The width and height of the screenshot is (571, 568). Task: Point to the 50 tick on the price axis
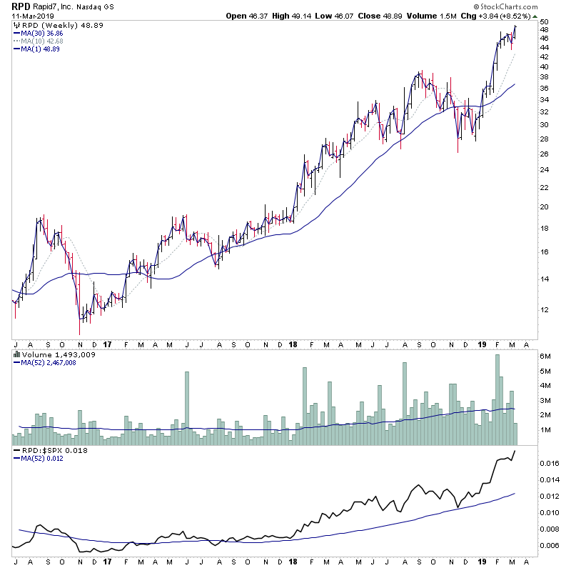click(543, 22)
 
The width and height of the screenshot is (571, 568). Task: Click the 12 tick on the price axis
click(543, 309)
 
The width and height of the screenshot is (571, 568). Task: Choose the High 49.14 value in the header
click(307, 16)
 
